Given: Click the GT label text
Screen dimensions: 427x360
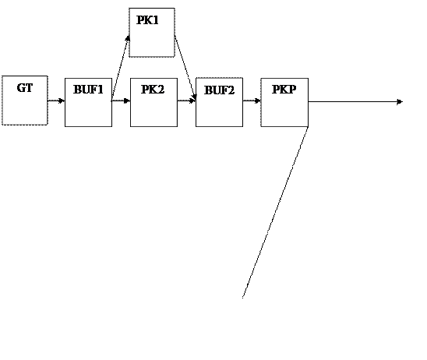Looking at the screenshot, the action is [x=25, y=88].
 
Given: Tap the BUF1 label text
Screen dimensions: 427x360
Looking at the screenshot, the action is [x=88, y=90].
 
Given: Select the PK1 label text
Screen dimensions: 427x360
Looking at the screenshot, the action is [x=147, y=20].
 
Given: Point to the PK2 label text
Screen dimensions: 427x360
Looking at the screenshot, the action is [x=153, y=90].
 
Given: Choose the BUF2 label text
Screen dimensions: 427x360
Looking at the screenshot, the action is [x=219, y=90].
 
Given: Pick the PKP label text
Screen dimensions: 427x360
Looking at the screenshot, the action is [x=284, y=90].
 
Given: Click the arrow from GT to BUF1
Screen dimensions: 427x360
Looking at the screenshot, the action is [x=56, y=101].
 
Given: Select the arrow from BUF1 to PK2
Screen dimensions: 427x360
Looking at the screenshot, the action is [x=121, y=101].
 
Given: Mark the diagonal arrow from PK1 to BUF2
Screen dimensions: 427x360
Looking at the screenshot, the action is [x=185, y=68].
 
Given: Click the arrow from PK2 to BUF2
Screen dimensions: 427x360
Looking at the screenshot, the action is [x=186, y=101].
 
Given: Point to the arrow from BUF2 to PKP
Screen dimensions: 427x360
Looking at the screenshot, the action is [x=252, y=101].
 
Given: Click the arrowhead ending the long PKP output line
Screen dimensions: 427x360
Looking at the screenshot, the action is [x=400, y=102].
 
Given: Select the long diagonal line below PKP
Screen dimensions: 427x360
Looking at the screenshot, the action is [x=275, y=212].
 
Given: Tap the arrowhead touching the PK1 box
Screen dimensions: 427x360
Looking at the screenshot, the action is [x=128, y=38].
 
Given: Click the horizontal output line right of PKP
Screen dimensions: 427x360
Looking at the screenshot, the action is [x=355, y=102].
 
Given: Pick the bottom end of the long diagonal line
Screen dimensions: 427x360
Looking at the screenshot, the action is [x=242, y=298].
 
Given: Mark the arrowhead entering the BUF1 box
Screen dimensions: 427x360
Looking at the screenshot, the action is [x=62, y=101].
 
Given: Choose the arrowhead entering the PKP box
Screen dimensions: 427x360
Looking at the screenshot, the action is [x=258, y=101].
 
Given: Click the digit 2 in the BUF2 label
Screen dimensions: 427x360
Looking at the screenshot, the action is [x=231, y=90].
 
